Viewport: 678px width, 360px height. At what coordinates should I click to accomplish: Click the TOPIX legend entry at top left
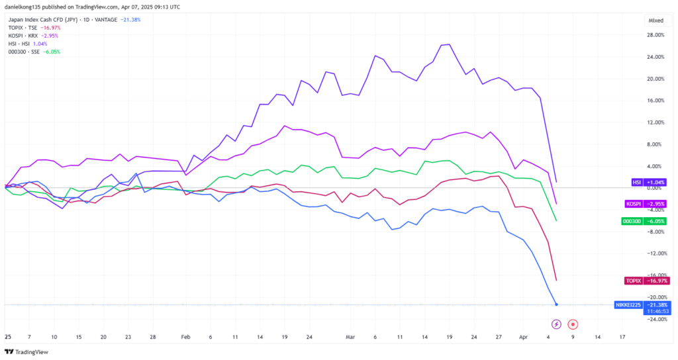[x=32, y=28]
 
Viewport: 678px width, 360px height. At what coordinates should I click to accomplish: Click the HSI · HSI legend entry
[x=26, y=44]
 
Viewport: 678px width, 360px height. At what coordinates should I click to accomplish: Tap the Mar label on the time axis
[x=350, y=337]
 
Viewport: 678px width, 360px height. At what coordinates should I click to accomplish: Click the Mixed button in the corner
[x=655, y=20]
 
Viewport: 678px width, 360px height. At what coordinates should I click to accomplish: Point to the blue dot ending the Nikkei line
[x=556, y=304]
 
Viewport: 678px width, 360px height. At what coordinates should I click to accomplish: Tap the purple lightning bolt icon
[x=556, y=324]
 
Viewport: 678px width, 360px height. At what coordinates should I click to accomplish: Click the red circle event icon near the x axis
[x=573, y=324]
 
